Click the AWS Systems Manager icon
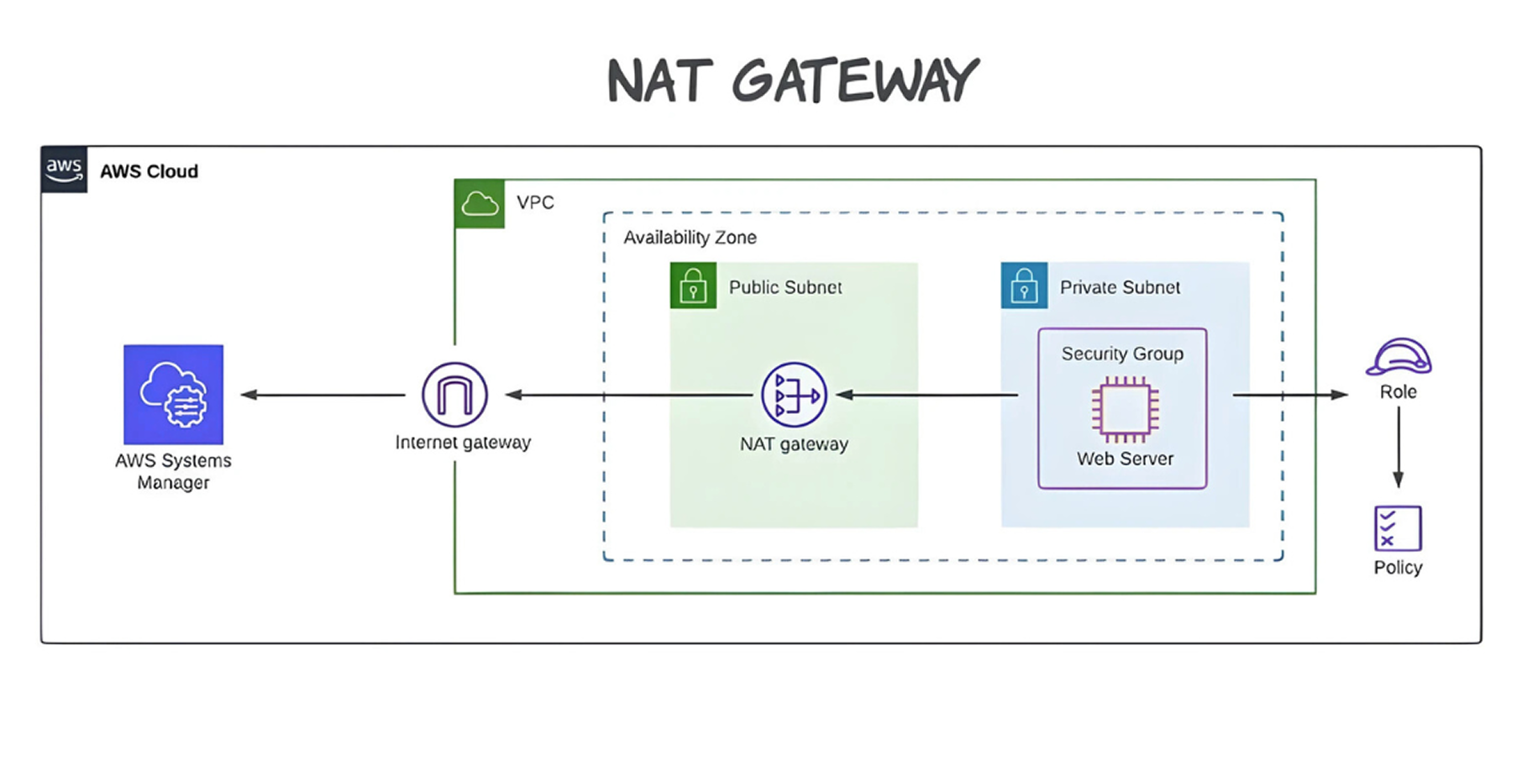click(x=173, y=394)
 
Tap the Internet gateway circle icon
click(x=454, y=394)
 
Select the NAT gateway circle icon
click(x=794, y=394)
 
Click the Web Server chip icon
click(x=1125, y=409)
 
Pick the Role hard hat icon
click(x=1399, y=357)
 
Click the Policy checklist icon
click(x=1398, y=528)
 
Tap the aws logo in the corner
click(x=64, y=169)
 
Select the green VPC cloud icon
click(x=480, y=203)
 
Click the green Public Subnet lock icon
click(x=693, y=286)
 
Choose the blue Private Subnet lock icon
click(x=1024, y=286)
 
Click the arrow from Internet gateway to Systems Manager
click(x=323, y=395)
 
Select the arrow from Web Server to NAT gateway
click(x=928, y=395)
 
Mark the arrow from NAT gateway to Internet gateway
click(x=630, y=395)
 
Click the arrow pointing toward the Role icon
click(x=1289, y=395)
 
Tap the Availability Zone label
click(x=690, y=238)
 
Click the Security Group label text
click(x=1122, y=354)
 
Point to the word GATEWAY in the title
click(x=855, y=81)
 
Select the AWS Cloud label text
click(x=149, y=171)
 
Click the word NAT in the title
click(x=655, y=81)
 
